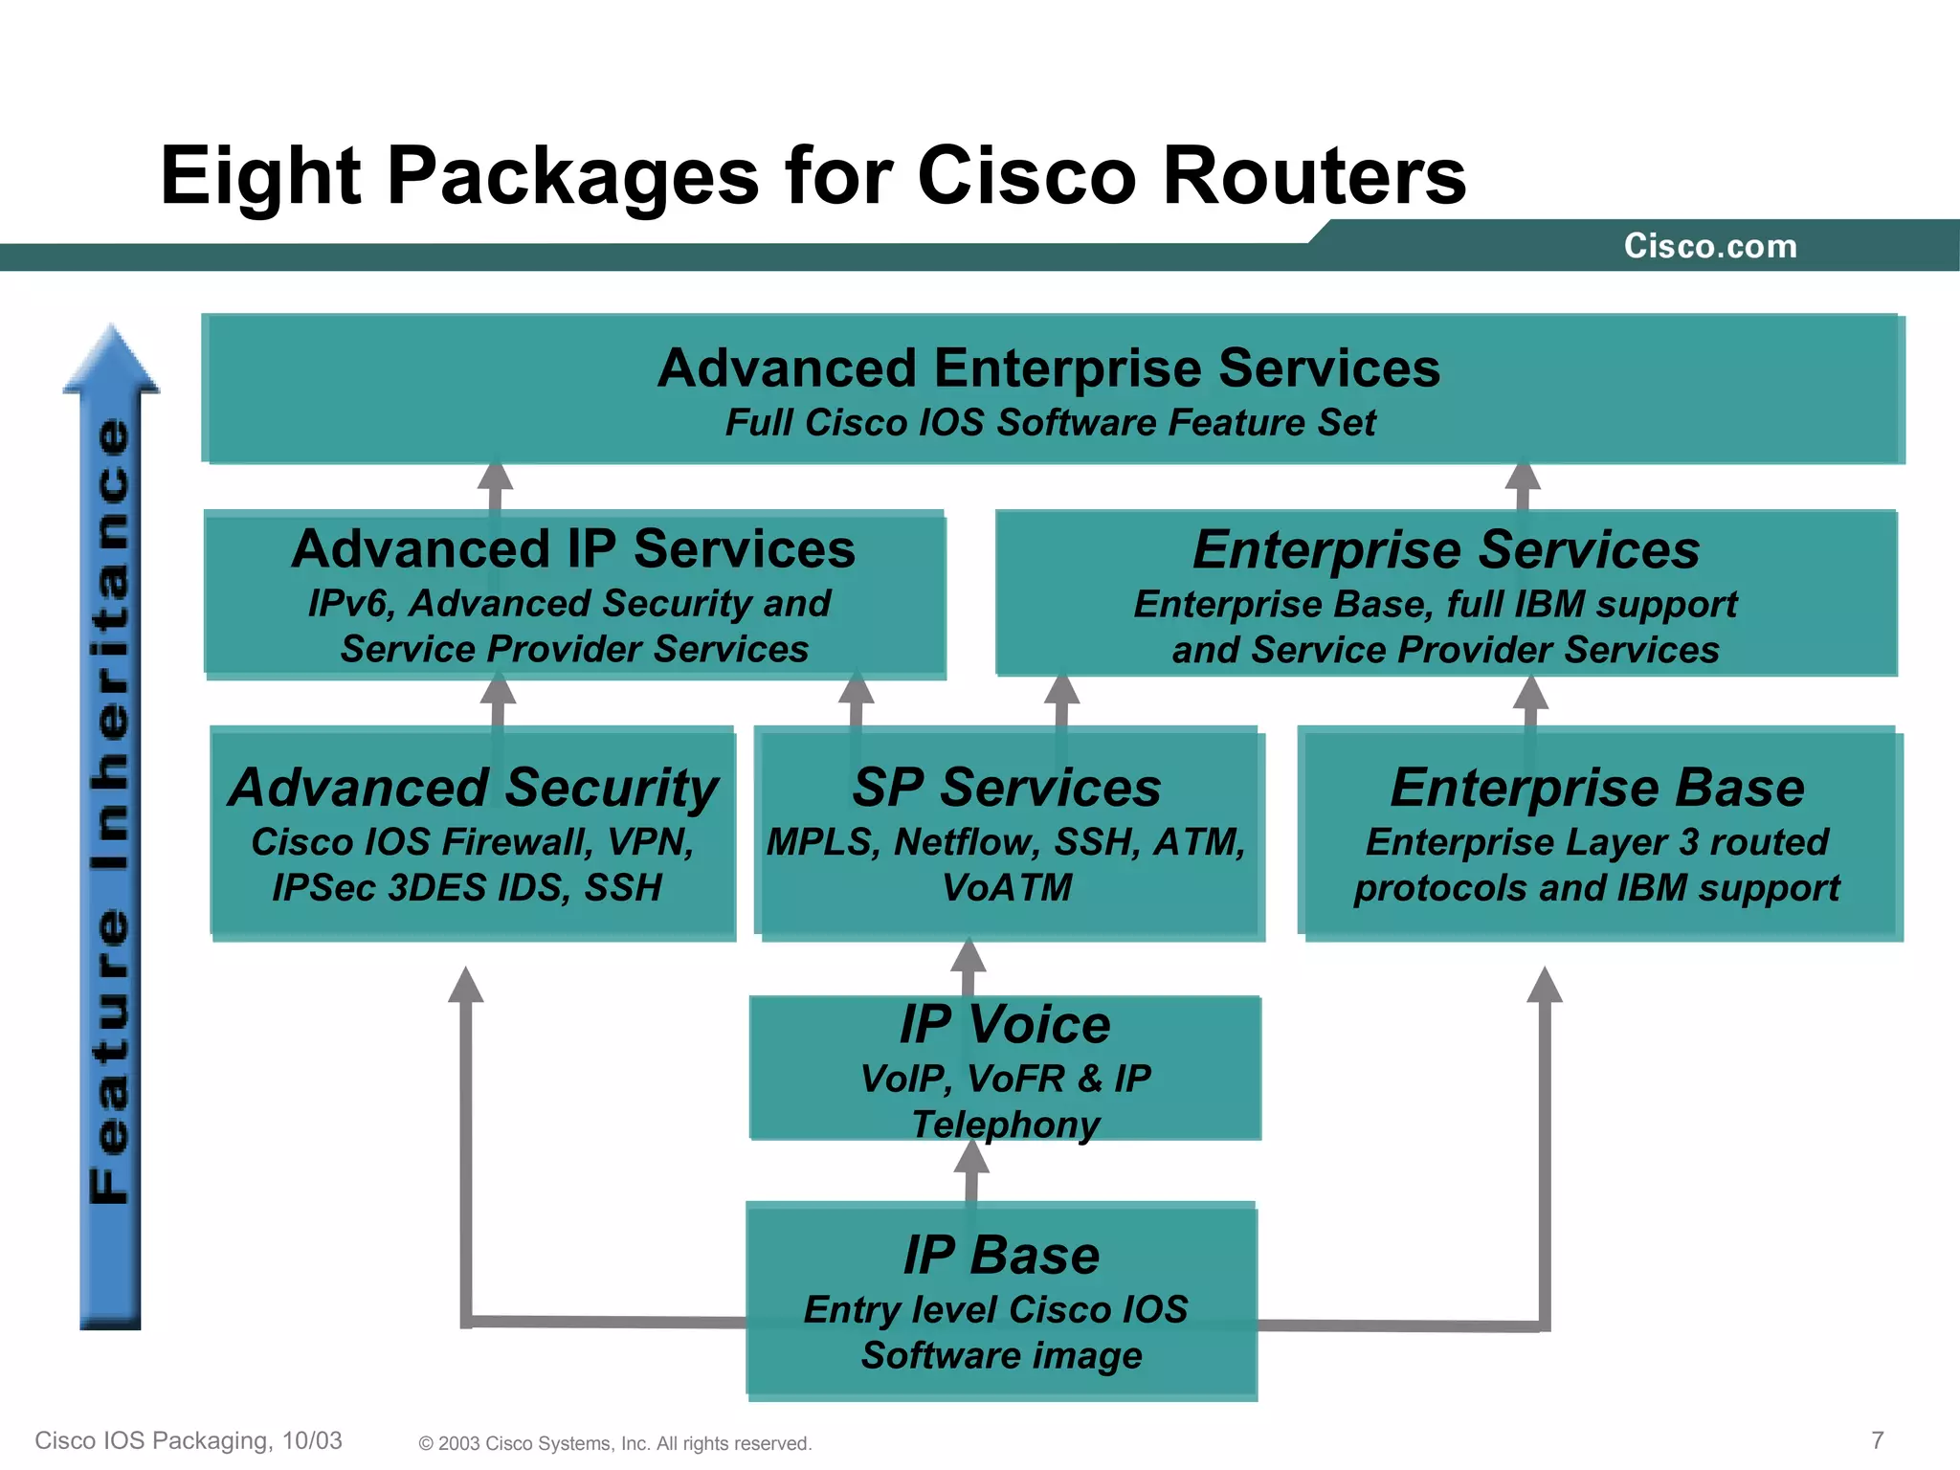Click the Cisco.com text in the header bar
coord(1709,246)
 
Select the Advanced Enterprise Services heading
coord(1048,368)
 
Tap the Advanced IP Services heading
coord(573,549)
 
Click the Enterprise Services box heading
coord(1445,550)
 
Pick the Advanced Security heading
coord(473,788)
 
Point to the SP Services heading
coord(1007,788)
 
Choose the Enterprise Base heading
coord(1597,788)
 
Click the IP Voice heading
coord(1005,1024)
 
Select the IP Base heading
coord(1001,1255)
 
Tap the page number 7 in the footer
coord(1877,1440)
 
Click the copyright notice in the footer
coord(614,1443)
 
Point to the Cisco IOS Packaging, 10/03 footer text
coord(189,1440)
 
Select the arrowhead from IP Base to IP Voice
coord(971,1158)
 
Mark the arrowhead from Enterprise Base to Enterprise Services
coord(1530,693)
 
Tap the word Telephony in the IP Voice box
coord(1005,1125)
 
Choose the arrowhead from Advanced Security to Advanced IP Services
coord(498,690)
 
